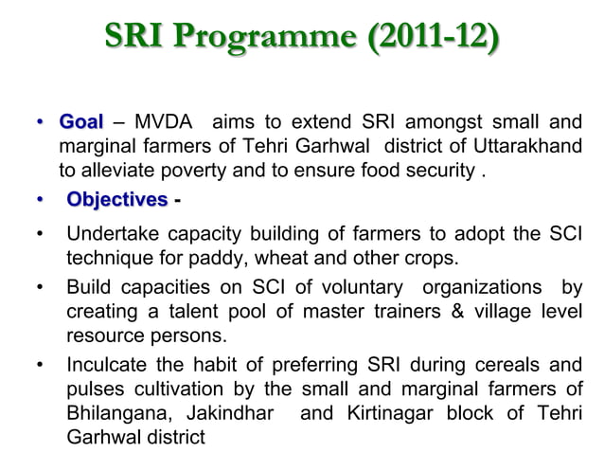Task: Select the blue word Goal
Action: pos(81,123)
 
